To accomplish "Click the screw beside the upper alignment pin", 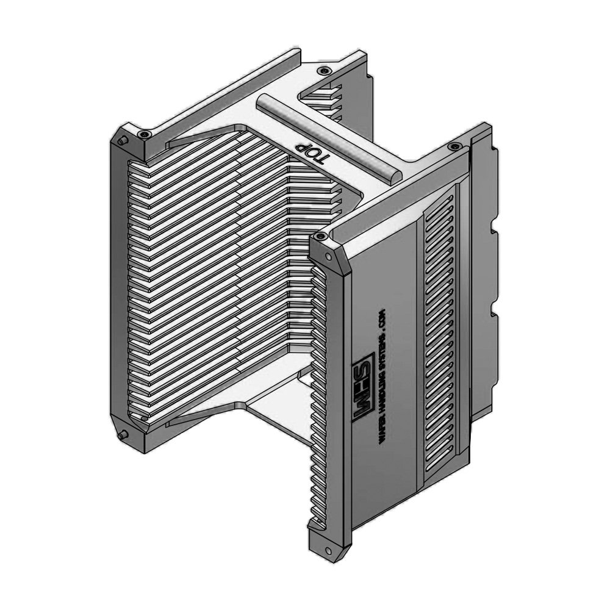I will pos(144,135).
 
